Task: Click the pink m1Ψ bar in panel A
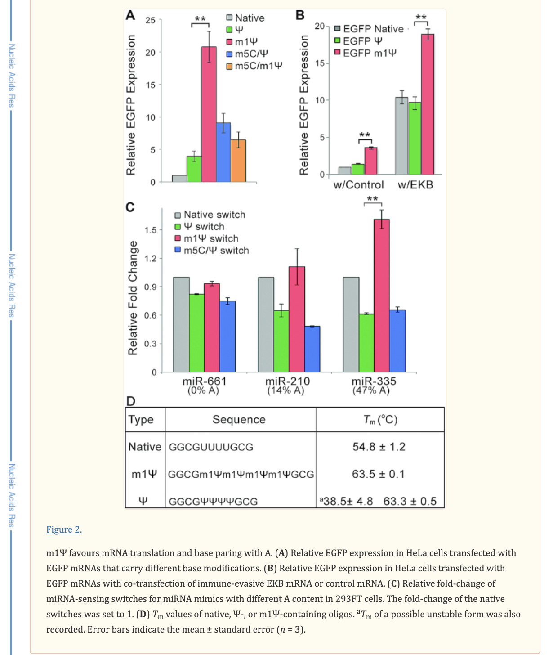[209, 114]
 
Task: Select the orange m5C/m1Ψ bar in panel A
[238, 161]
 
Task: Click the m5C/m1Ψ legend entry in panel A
[254, 66]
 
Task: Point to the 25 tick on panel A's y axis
[150, 20]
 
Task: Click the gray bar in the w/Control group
[345, 170]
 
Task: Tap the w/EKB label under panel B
[415, 185]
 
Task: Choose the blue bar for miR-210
[312, 349]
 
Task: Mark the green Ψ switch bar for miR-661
[196, 333]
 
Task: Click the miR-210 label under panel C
[287, 381]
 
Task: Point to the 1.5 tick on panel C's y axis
[151, 230]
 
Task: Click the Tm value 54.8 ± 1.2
[379, 447]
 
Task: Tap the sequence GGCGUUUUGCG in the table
[211, 447]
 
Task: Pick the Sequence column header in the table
[239, 419]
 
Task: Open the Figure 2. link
[64, 529]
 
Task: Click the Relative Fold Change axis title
[133, 298]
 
